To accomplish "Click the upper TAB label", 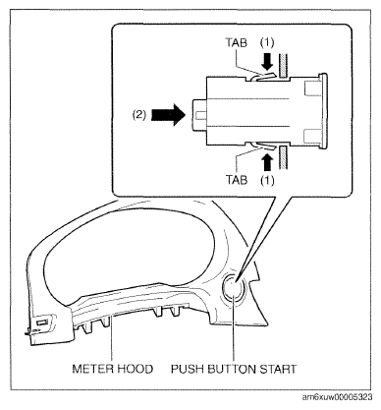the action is [x=236, y=42].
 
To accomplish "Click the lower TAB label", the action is [x=237, y=180].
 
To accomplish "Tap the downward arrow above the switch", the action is [x=268, y=62].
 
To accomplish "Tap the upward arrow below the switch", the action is [x=267, y=162].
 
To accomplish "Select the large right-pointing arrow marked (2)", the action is [x=168, y=115].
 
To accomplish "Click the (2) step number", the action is [x=139, y=115].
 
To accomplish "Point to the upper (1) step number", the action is [x=267, y=42].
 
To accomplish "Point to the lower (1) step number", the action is [x=267, y=180].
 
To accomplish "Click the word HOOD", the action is [x=136, y=369].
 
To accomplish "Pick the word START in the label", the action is [x=278, y=369].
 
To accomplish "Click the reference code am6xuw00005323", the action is [x=337, y=397].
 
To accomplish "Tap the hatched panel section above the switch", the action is [x=283, y=67].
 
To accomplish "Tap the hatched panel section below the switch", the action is [x=283, y=158].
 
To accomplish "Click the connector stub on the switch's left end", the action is [x=198, y=115].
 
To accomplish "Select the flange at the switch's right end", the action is [x=323, y=111].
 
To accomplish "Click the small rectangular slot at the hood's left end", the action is [x=41, y=322].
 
